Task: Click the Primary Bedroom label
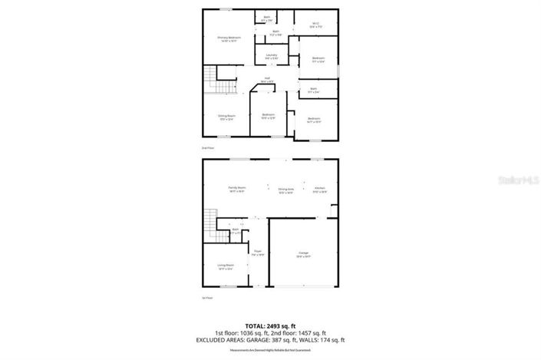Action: [x=229, y=39]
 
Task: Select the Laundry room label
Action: [x=272, y=57]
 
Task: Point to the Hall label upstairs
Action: [x=268, y=79]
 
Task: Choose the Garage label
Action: [x=304, y=254]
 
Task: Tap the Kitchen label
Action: [x=320, y=190]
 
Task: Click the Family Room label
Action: [x=236, y=189]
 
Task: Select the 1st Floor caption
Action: [x=206, y=298]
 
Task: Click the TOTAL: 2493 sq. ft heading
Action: [x=270, y=325]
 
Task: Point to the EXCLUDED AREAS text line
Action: [x=270, y=339]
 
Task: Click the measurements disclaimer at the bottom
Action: [x=270, y=350]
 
